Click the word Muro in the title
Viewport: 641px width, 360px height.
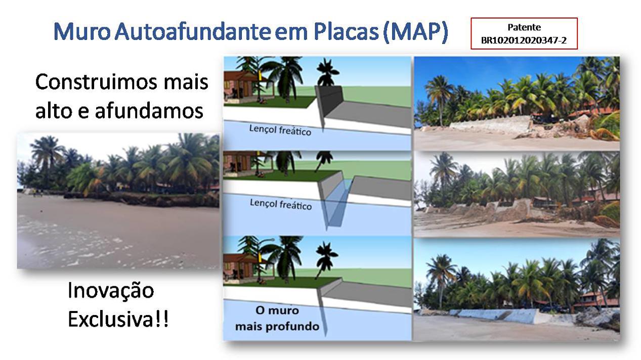coord(82,31)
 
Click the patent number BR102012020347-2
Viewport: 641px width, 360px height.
coord(524,40)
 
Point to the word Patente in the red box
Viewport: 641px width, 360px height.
coord(524,27)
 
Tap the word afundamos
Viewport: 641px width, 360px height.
coord(149,111)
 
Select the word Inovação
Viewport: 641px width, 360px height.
coord(111,291)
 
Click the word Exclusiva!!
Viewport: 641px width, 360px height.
coord(118,319)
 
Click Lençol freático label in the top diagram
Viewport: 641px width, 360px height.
coord(280,130)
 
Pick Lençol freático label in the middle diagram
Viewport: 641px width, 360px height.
coord(281,204)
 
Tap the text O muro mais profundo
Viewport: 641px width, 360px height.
coord(277,318)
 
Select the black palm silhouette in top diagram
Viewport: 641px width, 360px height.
coord(327,72)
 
